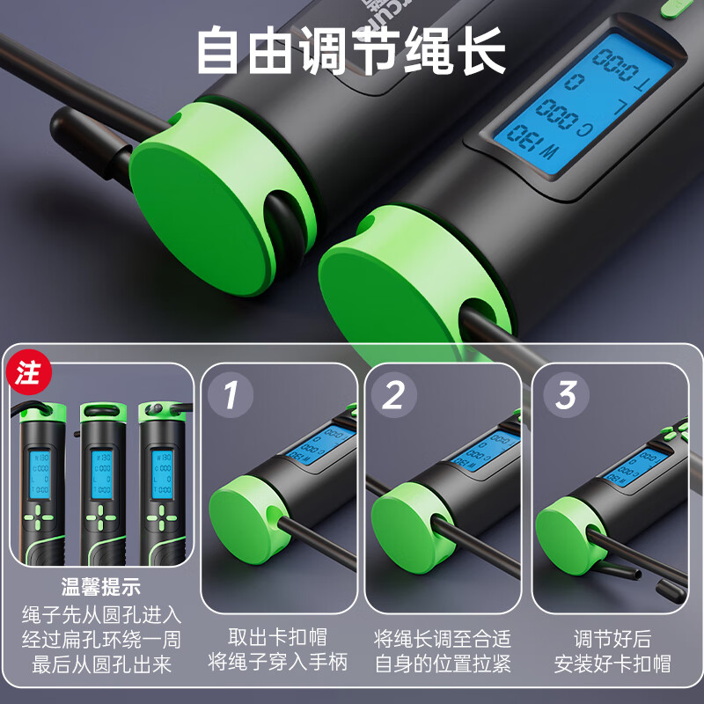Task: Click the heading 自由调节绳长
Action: [x=351, y=52]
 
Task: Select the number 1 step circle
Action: [x=231, y=395]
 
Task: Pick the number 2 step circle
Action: [x=393, y=395]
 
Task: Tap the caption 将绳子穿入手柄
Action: [x=279, y=663]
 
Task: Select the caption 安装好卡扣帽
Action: [x=612, y=663]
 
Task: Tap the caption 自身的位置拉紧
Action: [x=442, y=663]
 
